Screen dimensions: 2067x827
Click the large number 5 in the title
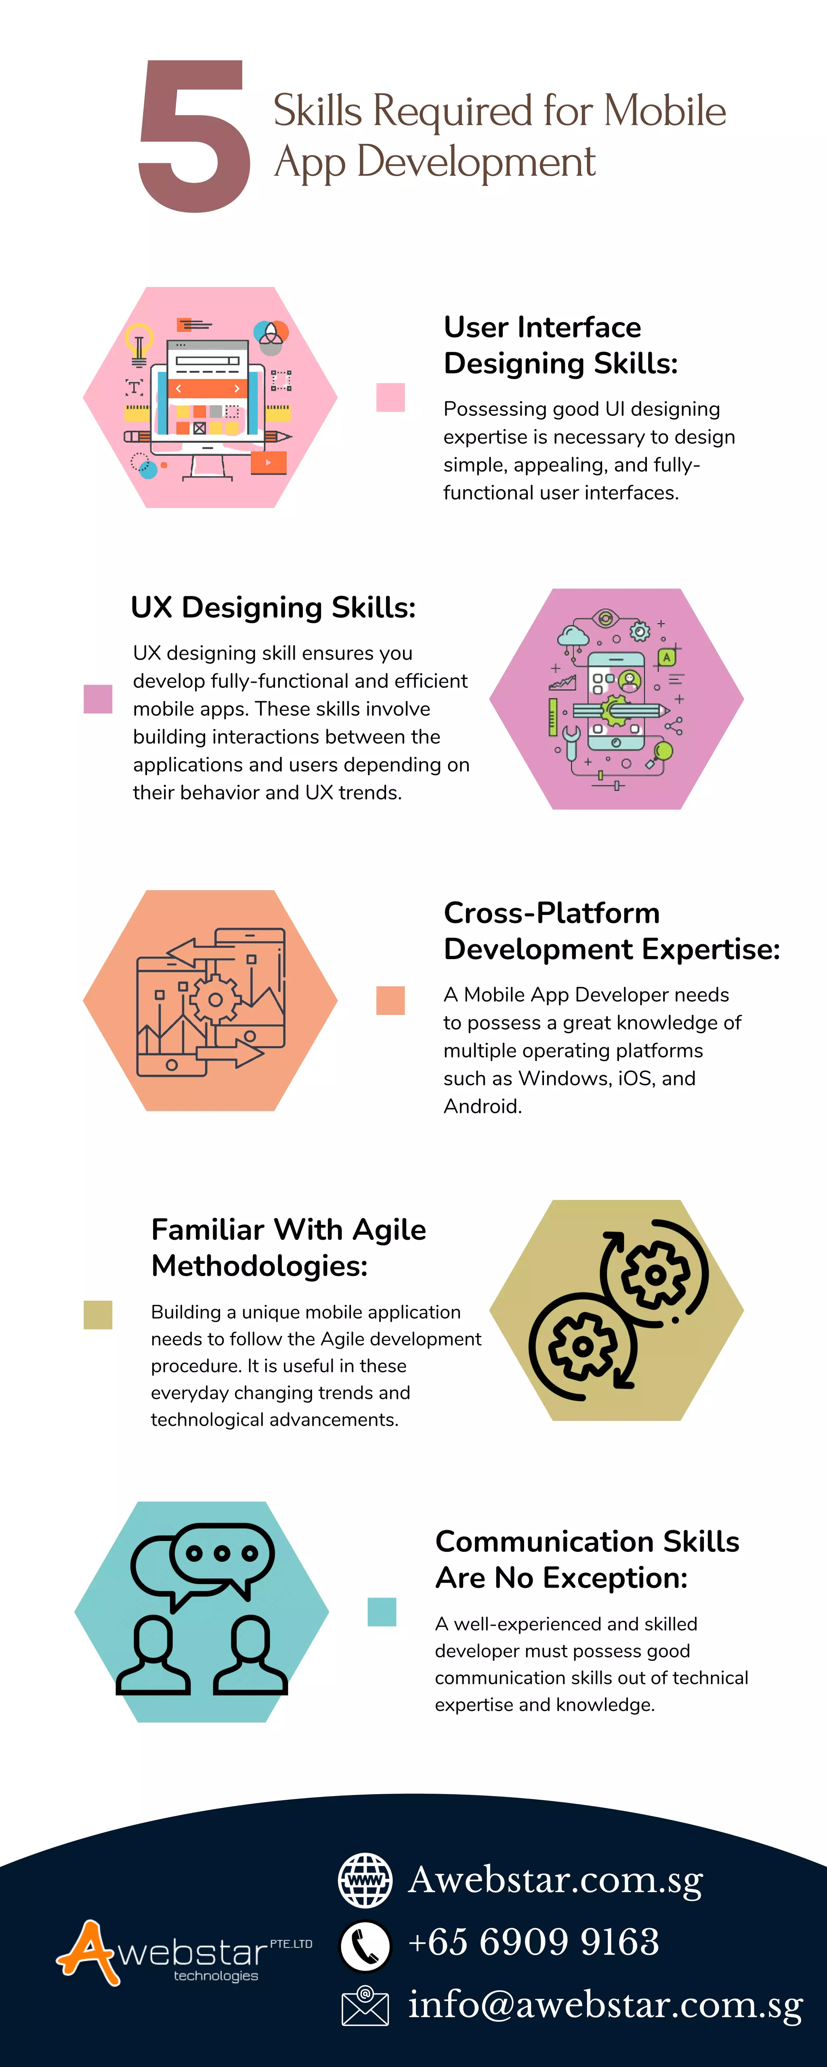coord(194,136)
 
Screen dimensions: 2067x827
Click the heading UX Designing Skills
coord(273,608)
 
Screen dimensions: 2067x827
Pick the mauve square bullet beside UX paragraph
coord(98,699)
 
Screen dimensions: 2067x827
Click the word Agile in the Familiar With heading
coord(389,1229)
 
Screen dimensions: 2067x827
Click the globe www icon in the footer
coord(365,1880)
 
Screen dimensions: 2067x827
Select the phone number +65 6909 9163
coord(534,1942)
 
